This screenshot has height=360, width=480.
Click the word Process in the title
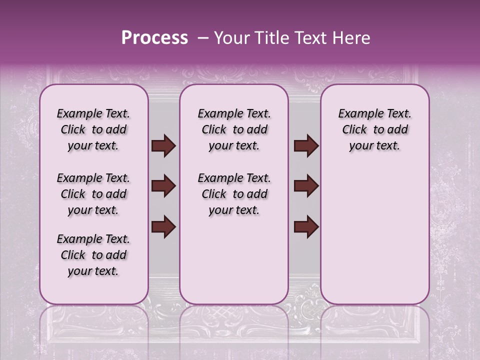154,38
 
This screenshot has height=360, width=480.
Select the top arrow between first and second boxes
163,146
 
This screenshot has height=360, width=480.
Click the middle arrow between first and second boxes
163,186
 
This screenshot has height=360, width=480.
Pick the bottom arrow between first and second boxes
163,227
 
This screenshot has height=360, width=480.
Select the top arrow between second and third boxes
306,146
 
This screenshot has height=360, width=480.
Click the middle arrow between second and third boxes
306,186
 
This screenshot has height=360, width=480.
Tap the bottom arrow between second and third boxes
306,227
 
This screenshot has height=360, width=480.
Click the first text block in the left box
93,129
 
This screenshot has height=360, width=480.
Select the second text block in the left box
93,194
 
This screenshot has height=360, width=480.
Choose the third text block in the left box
93,255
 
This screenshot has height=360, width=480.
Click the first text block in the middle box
234,129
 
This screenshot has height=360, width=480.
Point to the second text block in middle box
234,194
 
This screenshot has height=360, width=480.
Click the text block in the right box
374,129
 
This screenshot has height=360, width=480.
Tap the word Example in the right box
356,113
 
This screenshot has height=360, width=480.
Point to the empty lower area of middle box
234,260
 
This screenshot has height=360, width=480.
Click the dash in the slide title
202,38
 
